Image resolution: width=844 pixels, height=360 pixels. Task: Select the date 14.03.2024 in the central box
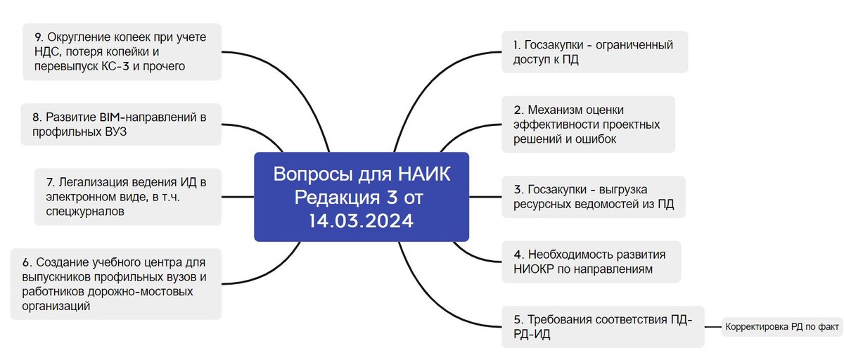pos(361,221)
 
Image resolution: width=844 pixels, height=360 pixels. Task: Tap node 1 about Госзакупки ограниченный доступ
pos(594,53)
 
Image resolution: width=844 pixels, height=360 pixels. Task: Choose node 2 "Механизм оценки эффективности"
pos(588,124)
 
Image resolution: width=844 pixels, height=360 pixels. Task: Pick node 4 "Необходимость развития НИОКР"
pos(591,262)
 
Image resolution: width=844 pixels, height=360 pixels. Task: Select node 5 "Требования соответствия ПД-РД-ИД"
pos(603,327)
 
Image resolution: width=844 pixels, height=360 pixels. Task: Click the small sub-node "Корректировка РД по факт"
pos(781,327)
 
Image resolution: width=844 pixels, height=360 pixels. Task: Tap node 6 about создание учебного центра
pos(116,283)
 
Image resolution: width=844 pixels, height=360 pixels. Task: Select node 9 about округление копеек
pos(116,51)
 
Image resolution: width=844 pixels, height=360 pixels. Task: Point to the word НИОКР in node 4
pos(535,269)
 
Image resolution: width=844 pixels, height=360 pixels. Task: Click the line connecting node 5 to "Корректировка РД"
pos(713,327)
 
